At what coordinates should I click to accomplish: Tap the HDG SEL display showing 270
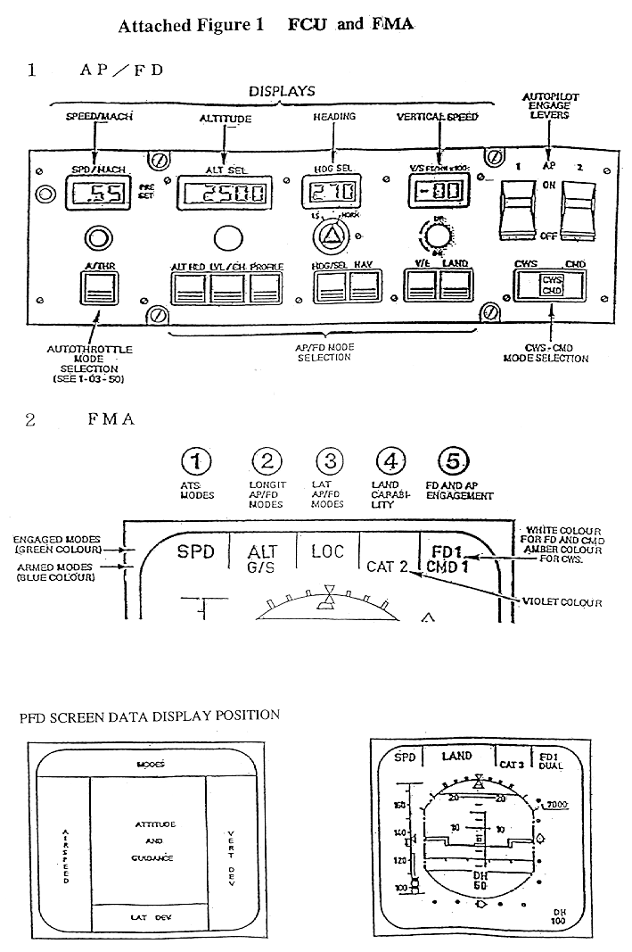tap(331, 190)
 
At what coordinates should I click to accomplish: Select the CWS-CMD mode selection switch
tap(551, 285)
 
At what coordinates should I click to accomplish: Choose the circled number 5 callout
tap(455, 461)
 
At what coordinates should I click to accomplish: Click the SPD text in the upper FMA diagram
tap(195, 551)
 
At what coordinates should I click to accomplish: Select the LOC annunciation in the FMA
tap(327, 551)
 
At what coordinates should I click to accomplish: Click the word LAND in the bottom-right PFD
tap(456, 757)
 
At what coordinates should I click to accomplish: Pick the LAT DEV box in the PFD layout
tap(149, 916)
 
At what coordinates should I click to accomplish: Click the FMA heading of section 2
tap(111, 418)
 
